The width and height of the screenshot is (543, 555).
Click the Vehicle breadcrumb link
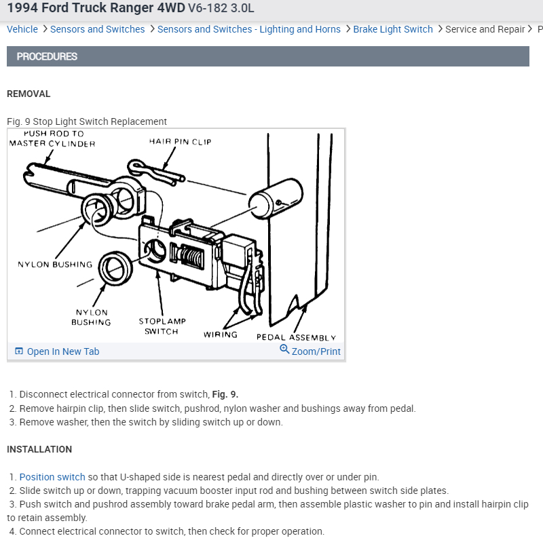point(22,29)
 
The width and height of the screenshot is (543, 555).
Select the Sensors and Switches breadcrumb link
point(97,29)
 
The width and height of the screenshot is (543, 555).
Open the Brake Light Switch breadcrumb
point(392,29)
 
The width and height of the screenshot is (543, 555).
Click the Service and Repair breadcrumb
point(485,29)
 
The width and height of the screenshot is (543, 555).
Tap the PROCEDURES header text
point(47,56)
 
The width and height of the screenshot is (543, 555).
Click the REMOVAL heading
point(29,94)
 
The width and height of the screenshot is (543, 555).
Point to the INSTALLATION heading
point(39,449)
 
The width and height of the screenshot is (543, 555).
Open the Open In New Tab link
point(62,351)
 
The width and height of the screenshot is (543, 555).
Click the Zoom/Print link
point(316,351)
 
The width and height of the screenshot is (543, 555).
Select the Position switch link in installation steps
point(52,477)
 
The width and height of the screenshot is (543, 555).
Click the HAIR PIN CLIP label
point(180,142)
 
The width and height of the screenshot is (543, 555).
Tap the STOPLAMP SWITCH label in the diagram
point(162,326)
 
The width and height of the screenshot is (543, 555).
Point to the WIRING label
point(221,334)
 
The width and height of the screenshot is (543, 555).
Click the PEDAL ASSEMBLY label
point(296,337)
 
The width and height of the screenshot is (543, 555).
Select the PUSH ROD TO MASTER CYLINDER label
point(52,138)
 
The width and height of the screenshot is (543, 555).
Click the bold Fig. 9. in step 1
point(225,394)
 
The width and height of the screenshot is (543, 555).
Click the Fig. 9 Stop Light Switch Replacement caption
point(87,121)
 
